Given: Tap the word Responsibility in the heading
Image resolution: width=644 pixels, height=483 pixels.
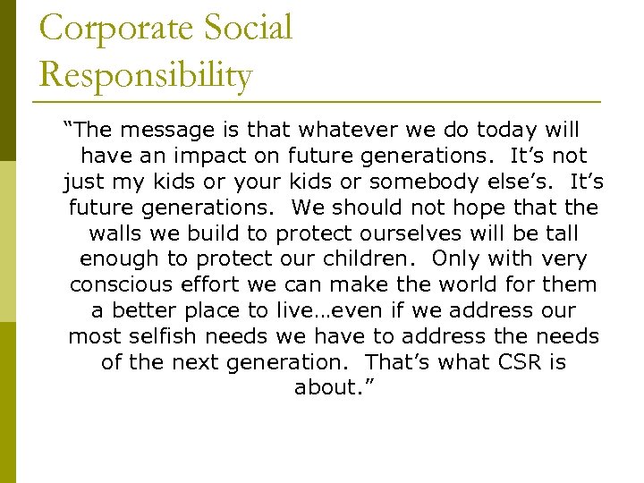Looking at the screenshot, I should [146, 76].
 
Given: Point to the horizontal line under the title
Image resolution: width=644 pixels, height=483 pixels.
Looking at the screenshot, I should [319, 100].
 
